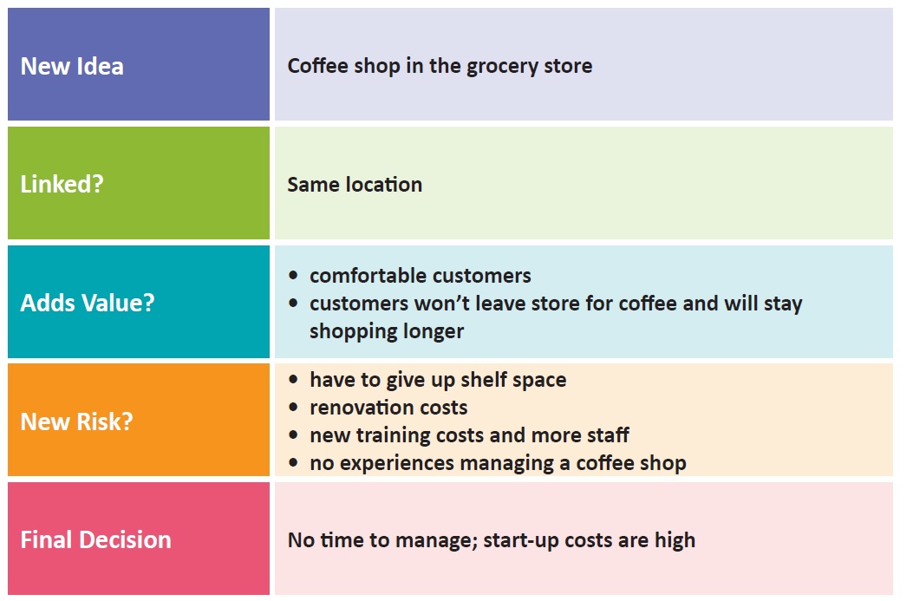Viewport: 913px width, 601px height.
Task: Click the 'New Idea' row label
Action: pyautogui.click(x=72, y=66)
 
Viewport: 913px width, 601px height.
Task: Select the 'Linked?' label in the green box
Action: pyautogui.click(x=62, y=184)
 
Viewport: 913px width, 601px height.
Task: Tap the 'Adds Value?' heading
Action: pyautogui.click(x=88, y=303)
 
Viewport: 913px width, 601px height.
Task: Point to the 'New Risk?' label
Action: pyautogui.click(x=77, y=421)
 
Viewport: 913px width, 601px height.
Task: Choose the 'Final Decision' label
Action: pyautogui.click(x=96, y=539)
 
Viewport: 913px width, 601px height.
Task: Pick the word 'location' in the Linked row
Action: pyautogui.click(x=384, y=185)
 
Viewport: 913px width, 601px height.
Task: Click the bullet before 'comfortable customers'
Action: pyautogui.click(x=293, y=276)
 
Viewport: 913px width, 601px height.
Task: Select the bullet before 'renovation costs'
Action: pyautogui.click(x=293, y=408)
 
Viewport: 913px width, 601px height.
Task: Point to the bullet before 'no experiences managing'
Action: pyautogui.click(x=293, y=464)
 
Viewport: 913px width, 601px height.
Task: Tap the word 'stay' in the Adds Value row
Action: pyautogui.click(x=783, y=304)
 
